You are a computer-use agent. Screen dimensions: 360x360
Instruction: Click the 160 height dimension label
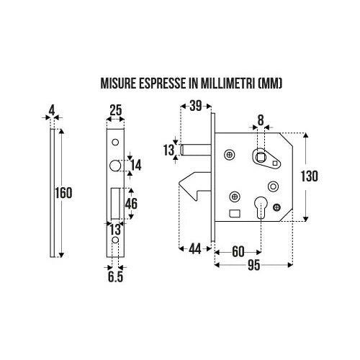pos(63,193)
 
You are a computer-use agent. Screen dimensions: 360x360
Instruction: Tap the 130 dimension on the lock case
pos(310,176)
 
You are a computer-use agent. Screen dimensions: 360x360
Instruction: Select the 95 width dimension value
pos(253,265)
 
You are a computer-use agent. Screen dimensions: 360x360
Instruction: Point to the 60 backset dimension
pos(238,252)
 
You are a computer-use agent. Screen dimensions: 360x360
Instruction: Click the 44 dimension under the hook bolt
pos(195,249)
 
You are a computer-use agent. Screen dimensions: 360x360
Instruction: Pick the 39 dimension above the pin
pos(196,106)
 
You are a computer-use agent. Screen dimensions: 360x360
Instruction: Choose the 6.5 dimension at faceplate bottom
pos(115,276)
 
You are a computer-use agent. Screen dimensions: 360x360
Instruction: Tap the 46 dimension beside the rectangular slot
pos(132,204)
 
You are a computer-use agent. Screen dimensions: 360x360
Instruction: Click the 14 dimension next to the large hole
pos(136,165)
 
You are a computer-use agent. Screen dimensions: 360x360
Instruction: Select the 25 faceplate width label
pos(116,110)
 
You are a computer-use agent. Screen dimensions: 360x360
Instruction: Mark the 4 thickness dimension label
pos(52,111)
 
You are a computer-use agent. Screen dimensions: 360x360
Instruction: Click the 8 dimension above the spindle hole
pos(261,120)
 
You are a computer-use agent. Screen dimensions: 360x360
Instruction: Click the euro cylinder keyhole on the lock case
pos(261,207)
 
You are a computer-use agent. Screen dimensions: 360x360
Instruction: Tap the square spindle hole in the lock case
pos(260,157)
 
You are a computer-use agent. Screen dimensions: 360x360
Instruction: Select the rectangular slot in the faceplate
pos(114,204)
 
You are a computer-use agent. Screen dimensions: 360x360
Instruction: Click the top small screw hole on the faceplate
pos(115,142)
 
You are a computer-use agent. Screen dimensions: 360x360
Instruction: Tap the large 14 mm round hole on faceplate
pos(115,166)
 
